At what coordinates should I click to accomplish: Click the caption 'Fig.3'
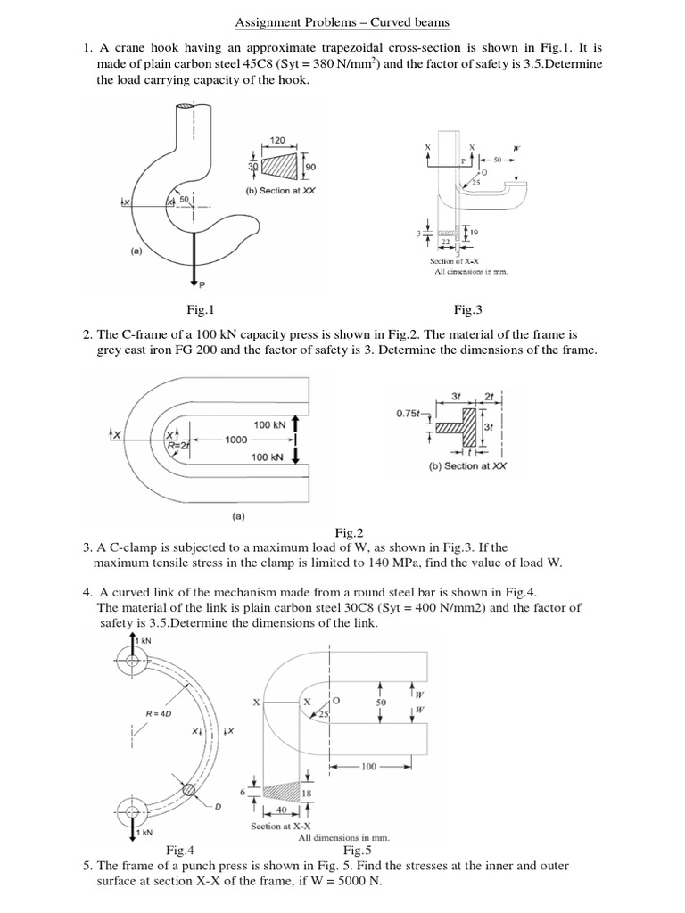467,310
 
